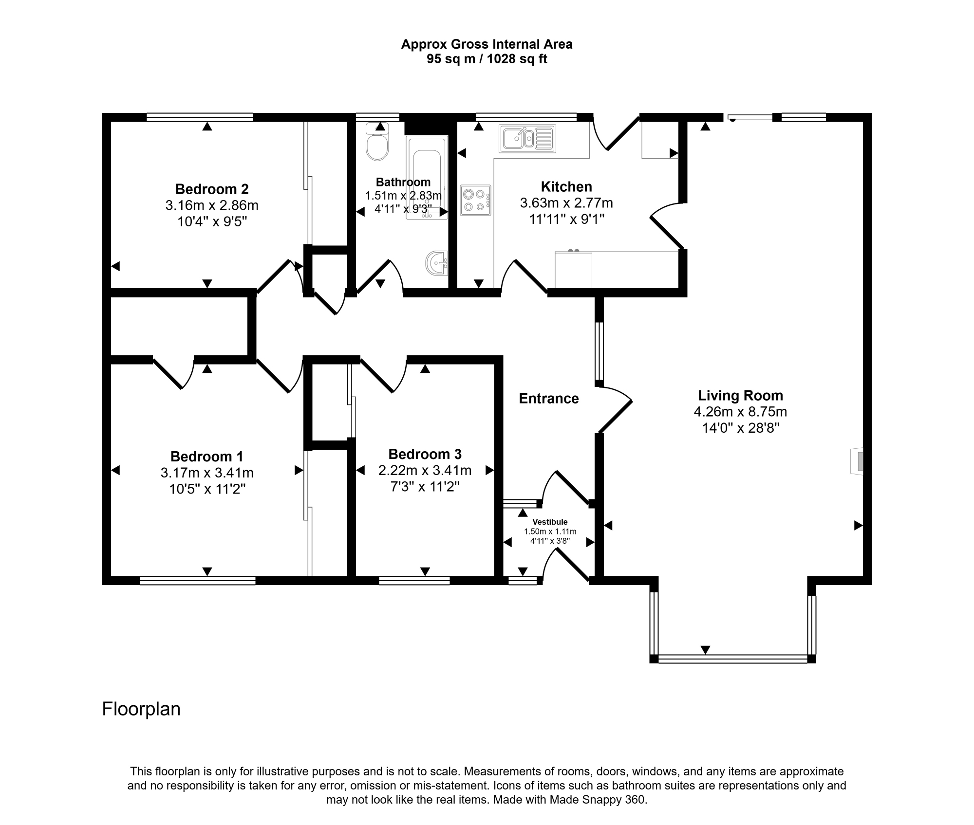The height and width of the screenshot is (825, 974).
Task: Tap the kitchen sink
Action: click(527, 138)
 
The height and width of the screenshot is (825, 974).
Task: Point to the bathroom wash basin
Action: click(437, 263)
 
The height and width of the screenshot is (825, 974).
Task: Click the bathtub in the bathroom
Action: click(427, 178)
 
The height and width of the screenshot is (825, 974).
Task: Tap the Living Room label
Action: click(740, 395)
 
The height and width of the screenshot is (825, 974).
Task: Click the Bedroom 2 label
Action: click(212, 189)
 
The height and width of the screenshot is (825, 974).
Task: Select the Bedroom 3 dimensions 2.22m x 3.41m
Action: click(425, 470)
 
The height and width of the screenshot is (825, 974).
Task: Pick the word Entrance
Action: click(549, 399)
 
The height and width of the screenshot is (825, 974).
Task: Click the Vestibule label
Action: click(550, 522)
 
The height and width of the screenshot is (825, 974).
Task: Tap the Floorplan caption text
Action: click(141, 709)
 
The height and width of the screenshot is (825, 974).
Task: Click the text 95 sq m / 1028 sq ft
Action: click(487, 59)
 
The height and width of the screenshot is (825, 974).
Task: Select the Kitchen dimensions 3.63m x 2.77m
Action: click(566, 202)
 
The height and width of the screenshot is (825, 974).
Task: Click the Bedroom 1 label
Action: click(206, 457)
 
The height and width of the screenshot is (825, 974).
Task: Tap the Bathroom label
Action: click(403, 182)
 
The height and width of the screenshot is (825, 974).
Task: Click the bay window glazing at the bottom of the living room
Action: click(732, 659)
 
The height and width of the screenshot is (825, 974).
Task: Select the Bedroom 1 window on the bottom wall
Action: click(198, 580)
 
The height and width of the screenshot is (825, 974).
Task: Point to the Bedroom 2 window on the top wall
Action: click(200, 117)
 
